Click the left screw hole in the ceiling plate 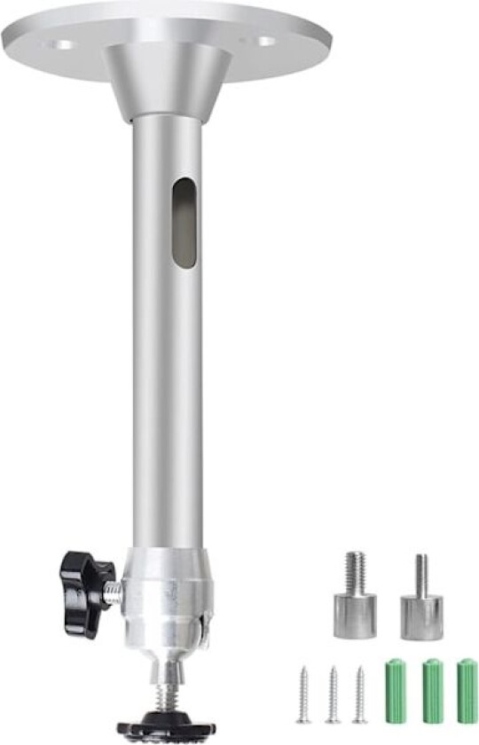[62, 43]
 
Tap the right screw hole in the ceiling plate [266, 41]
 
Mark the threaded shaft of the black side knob [113, 593]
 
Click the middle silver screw [333, 694]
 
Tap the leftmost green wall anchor [396, 692]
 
